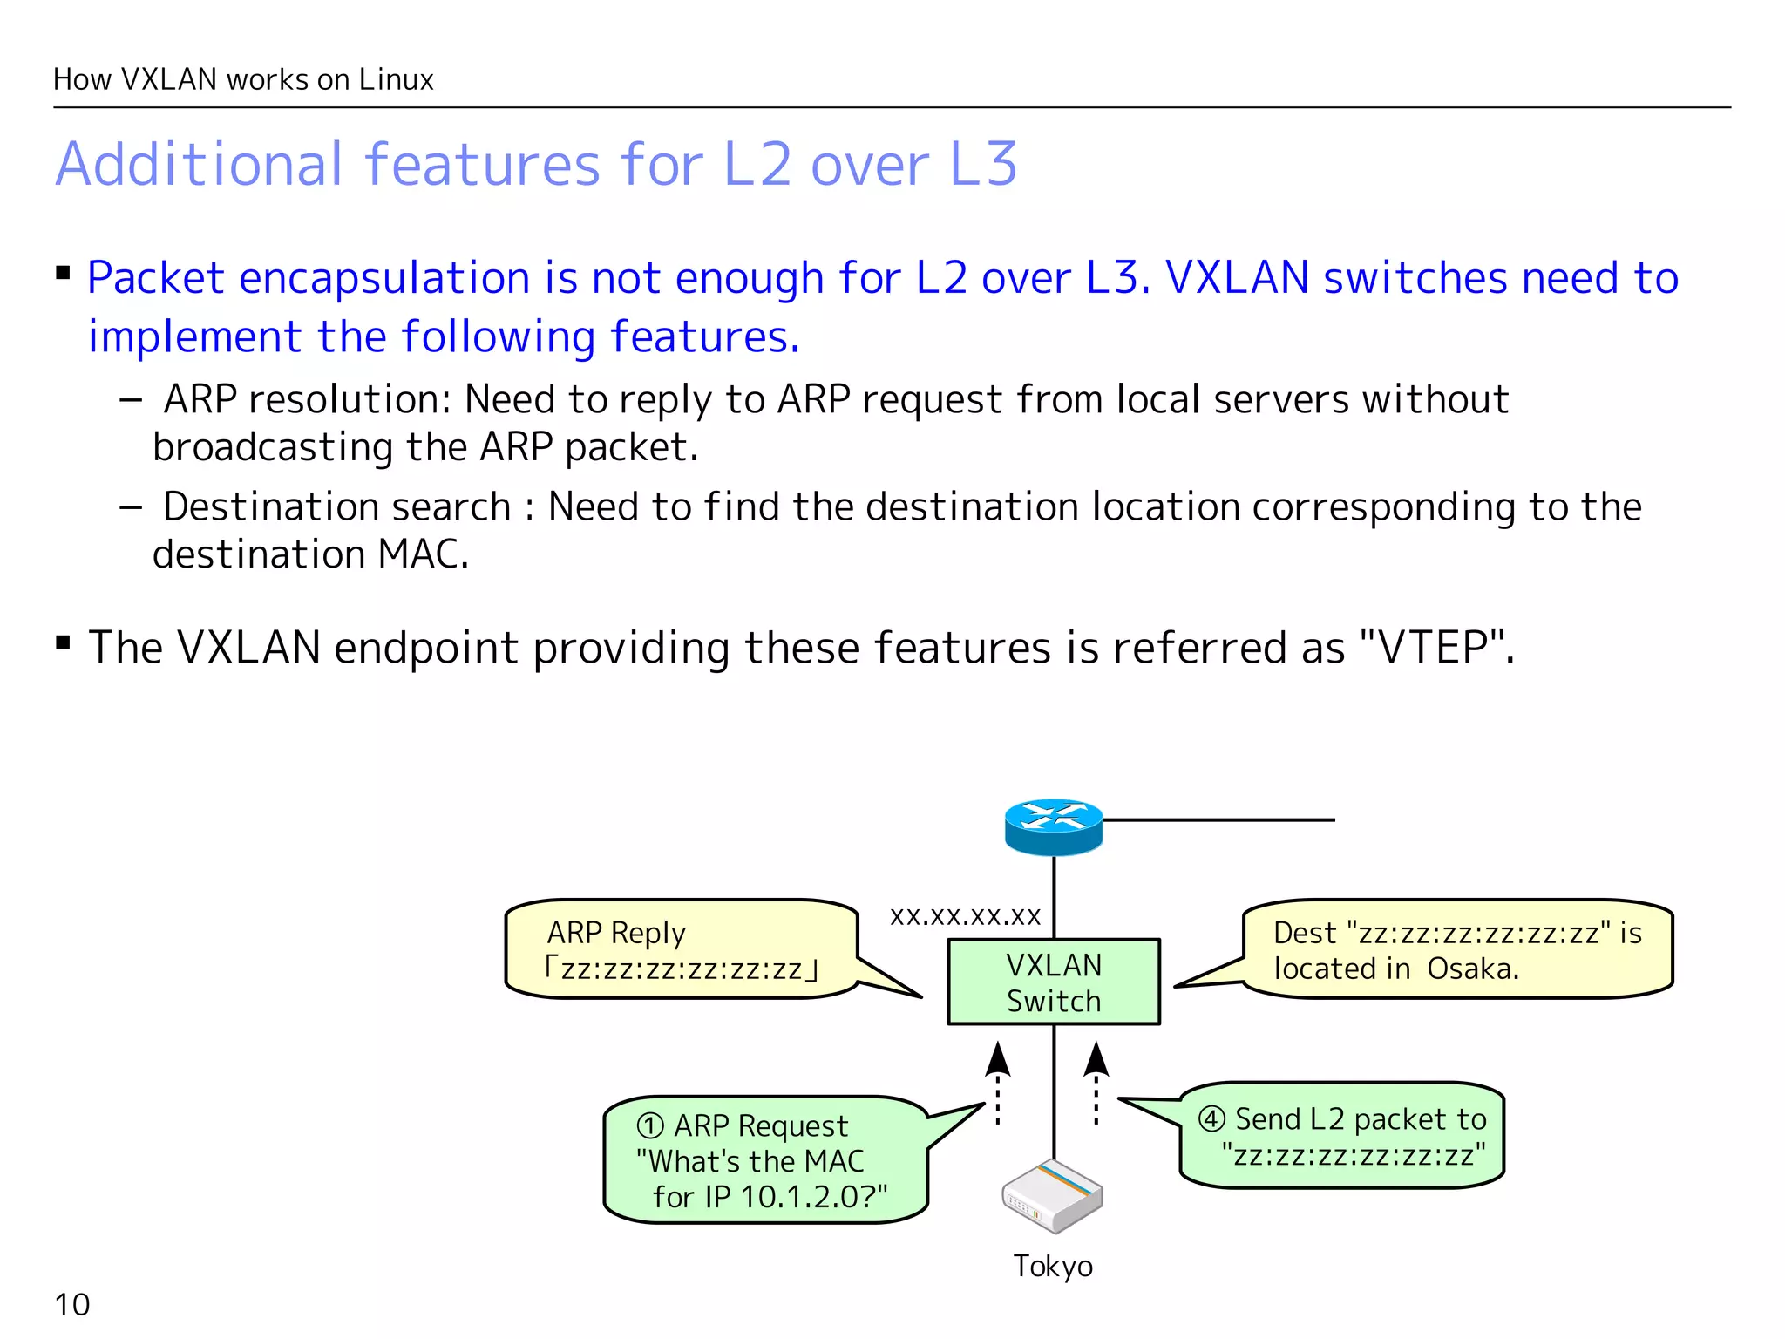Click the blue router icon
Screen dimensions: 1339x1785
[1053, 826]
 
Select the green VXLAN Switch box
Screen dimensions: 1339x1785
[1053, 982]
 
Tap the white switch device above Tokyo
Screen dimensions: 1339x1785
[1052, 1196]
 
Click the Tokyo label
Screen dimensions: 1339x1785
[1052, 1266]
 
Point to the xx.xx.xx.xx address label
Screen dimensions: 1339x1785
[965, 915]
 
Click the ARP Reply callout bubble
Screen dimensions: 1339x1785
[680, 949]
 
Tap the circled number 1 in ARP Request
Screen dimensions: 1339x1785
[650, 1125]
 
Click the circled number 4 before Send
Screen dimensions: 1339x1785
[1211, 1118]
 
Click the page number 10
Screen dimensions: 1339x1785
[71, 1304]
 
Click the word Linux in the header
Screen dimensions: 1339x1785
[396, 79]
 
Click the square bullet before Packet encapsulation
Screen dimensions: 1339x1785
[63, 274]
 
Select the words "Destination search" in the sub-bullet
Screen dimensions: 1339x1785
[336, 506]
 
